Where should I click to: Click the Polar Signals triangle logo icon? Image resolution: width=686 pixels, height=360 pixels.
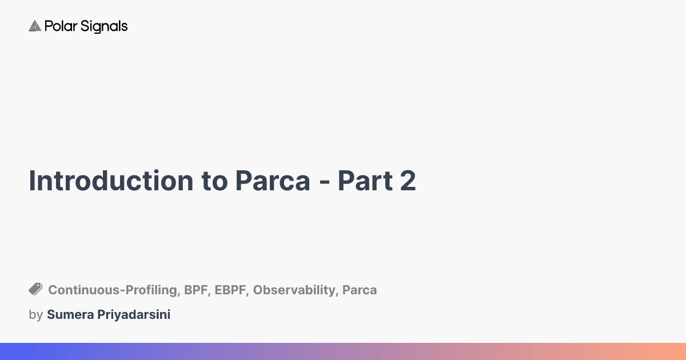pyautogui.click(x=35, y=26)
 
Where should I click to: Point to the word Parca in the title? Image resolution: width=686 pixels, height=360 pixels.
pyautogui.click(x=272, y=181)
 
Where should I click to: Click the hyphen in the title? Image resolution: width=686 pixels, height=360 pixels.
pyautogui.click(x=324, y=183)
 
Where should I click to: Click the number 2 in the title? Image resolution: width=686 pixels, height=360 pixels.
pyautogui.click(x=406, y=181)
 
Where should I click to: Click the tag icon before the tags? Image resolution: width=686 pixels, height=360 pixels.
pyautogui.click(x=35, y=289)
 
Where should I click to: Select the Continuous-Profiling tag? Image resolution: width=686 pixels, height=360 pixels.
pyautogui.click(x=113, y=290)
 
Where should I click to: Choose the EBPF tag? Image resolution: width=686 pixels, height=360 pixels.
pyautogui.click(x=230, y=290)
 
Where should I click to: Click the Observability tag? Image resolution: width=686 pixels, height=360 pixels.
pyautogui.click(x=294, y=290)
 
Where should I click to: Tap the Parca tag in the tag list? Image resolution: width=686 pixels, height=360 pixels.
pyautogui.click(x=360, y=290)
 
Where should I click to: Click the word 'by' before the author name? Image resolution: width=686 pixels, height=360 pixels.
pyautogui.click(x=35, y=315)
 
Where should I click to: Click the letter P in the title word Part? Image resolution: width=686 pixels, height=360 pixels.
pyautogui.click(x=344, y=181)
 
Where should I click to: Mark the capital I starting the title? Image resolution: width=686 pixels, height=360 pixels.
pyautogui.click(x=32, y=181)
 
